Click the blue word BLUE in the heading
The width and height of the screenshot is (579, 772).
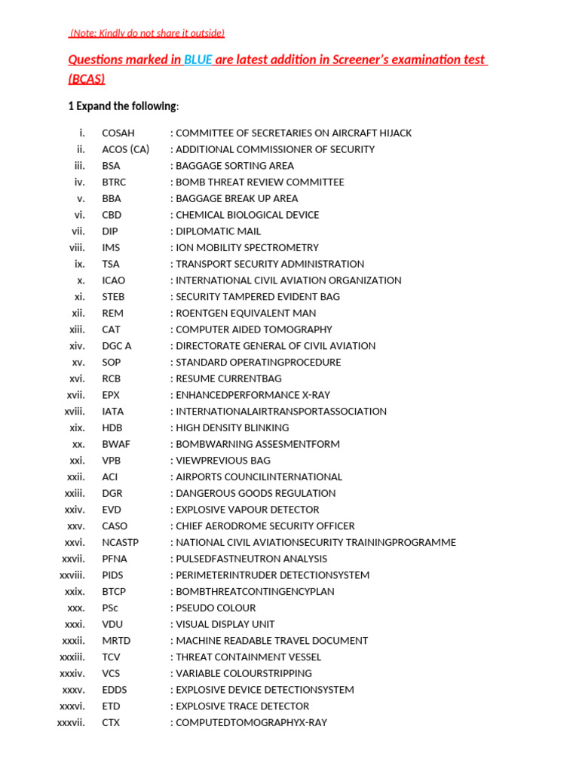coord(198,60)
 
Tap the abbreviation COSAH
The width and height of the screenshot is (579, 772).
coord(118,133)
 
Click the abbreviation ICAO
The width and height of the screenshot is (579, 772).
coord(114,280)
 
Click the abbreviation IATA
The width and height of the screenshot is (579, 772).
coord(113,412)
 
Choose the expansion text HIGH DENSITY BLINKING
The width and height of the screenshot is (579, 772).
coord(232,427)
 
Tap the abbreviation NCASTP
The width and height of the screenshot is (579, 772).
coord(121,543)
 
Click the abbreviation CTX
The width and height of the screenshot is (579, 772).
coord(111,722)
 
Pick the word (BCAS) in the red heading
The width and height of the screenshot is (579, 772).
coord(87,79)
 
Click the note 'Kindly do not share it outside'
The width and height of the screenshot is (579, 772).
coord(148,33)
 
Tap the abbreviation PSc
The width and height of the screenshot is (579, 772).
coord(110,608)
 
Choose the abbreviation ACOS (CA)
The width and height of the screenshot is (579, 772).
coord(126,149)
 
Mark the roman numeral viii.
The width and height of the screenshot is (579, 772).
coord(77,248)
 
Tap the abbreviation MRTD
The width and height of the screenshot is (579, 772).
coord(115,641)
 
